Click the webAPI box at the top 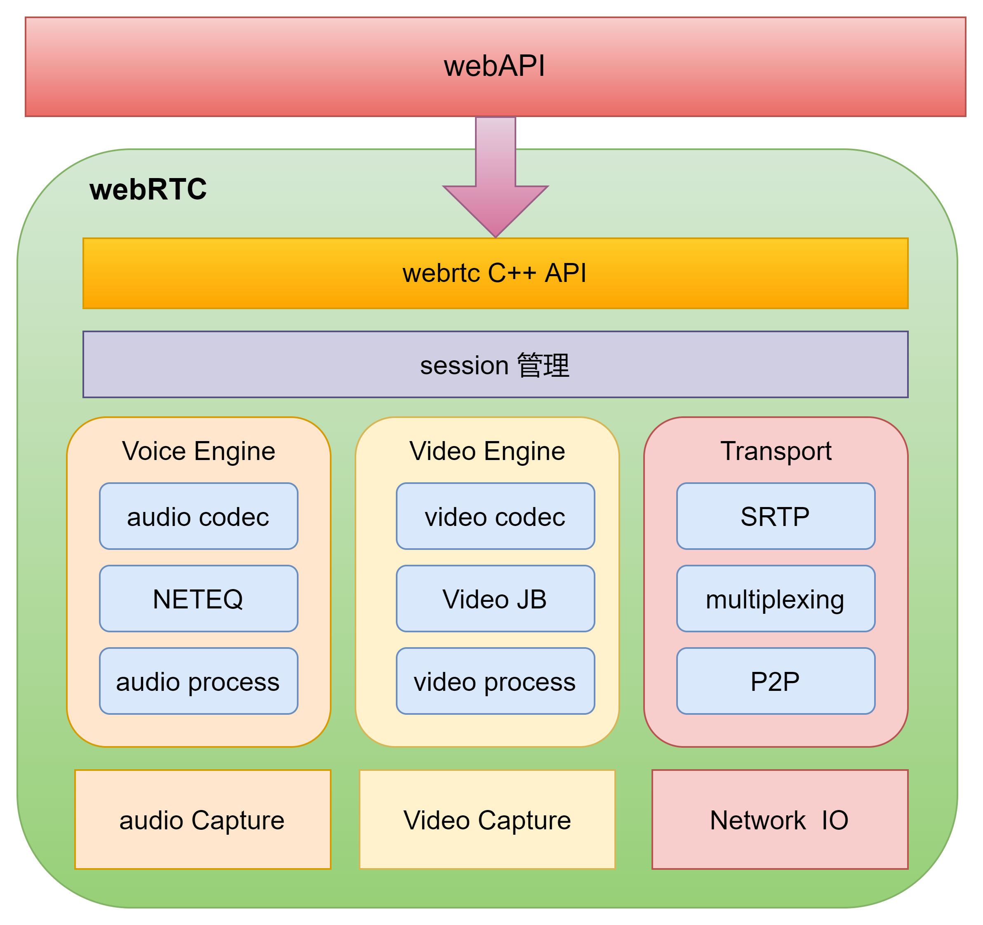[x=495, y=67]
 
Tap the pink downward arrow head [x=496, y=208]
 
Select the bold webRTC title [x=148, y=189]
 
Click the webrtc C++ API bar [x=495, y=273]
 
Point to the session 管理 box [x=495, y=365]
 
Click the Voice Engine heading [x=198, y=451]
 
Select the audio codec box [x=198, y=516]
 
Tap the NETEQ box [x=198, y=599]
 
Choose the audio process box [x=198, y=681]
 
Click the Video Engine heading [x=487, y=451]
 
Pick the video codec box [x=495, y=516]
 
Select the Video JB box [x=495, y=599]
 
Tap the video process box [x=495, y=681]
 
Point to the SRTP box [x=775, y=516]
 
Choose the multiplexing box [x=775, y=599]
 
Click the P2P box [x=775, y=681]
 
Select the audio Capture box [x=202, y=820]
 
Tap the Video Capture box [x=487, y=820]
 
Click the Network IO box [x=780, y=820]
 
